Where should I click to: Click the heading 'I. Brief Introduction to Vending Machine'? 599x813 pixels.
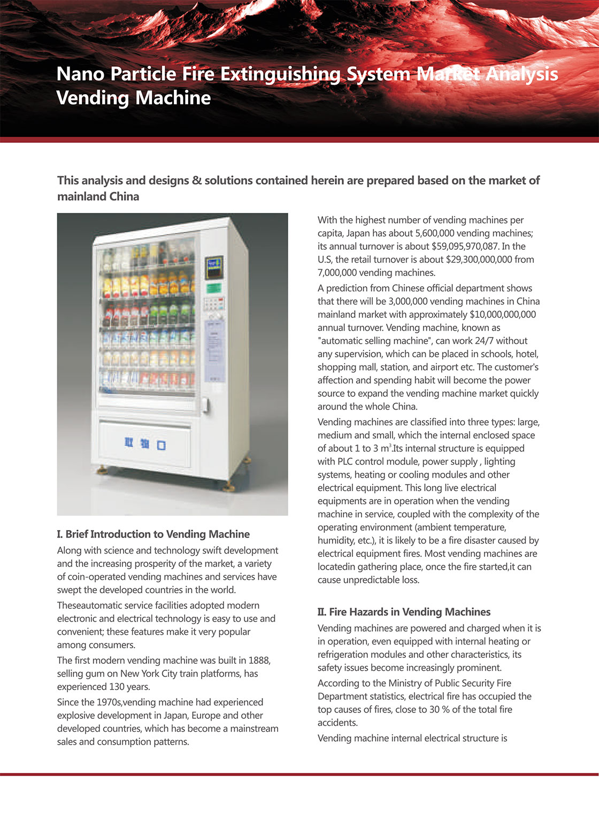[x=153, y=534]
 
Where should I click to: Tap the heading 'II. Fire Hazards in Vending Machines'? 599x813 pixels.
[x=404, y=612]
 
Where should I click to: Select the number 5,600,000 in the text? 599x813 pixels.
[x=435, y=233]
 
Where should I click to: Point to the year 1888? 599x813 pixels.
[x=259, y=661]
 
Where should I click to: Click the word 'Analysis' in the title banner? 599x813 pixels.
[x=522, y=74]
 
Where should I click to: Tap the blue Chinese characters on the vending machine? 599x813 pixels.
[x=145, y=443]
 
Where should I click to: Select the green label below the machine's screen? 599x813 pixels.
[x=214, y=288]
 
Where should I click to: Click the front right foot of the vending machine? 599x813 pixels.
[x=229, y=487]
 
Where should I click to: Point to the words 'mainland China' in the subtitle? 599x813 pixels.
[x=98, y=196]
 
